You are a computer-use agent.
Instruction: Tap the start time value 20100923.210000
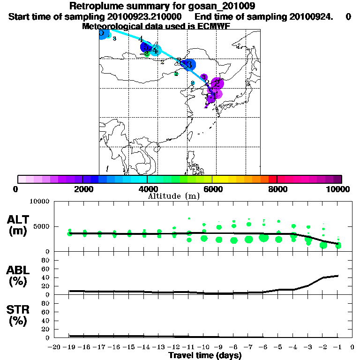click(139, 16)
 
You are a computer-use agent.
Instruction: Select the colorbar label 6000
click(212, 189)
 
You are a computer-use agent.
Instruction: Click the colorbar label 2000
click(82, 189)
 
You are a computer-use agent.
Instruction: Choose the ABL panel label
click(18, 277)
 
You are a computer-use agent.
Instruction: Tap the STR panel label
click(18, 315)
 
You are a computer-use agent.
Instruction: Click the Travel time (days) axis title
click(205, 356)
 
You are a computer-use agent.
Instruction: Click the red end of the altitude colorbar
click(272, 179)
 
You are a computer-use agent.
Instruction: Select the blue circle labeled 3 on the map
click(188, 65)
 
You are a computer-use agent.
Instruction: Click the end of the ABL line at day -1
click(337, 276)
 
